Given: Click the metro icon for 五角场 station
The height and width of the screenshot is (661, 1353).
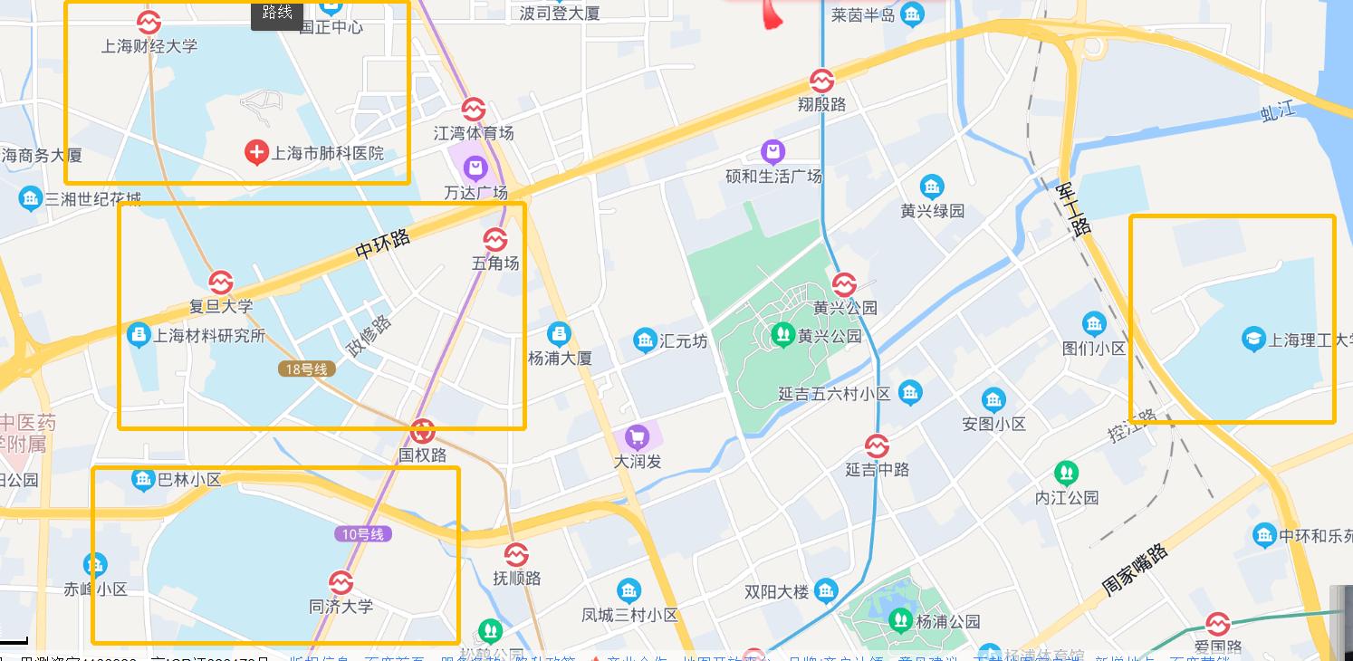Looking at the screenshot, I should point(495,239).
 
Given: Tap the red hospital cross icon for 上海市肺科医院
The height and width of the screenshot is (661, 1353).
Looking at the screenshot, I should point(257,153).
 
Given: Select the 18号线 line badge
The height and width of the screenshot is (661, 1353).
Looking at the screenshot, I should point(307,369).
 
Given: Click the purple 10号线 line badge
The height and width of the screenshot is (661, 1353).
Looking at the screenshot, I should point(363,534).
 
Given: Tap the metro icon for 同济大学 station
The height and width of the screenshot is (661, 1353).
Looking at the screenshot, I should point(341,582).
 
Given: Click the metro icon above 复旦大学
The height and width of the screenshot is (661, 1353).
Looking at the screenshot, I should point(220,283).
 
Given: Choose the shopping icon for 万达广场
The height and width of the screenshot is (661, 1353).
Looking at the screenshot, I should point(475,168).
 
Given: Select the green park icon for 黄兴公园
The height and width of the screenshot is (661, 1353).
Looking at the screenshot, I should point(782,335).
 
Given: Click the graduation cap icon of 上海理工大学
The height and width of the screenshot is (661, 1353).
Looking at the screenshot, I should point(1253,340).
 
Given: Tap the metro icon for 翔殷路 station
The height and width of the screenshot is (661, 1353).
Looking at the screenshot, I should point(821,81).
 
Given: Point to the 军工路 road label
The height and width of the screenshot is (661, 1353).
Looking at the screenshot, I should point(1074,209).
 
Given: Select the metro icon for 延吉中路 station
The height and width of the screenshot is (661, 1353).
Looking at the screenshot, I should point(876,445).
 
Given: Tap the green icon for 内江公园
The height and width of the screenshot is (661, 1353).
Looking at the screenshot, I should point(1067,473).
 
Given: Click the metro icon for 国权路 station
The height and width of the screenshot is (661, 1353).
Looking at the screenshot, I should point(422,431).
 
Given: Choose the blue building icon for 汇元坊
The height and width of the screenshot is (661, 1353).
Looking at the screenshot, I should point(645,340).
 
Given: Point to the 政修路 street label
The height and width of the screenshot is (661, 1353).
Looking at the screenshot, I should point(369,336).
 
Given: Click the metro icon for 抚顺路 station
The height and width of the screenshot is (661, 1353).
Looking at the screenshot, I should point(516,554).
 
